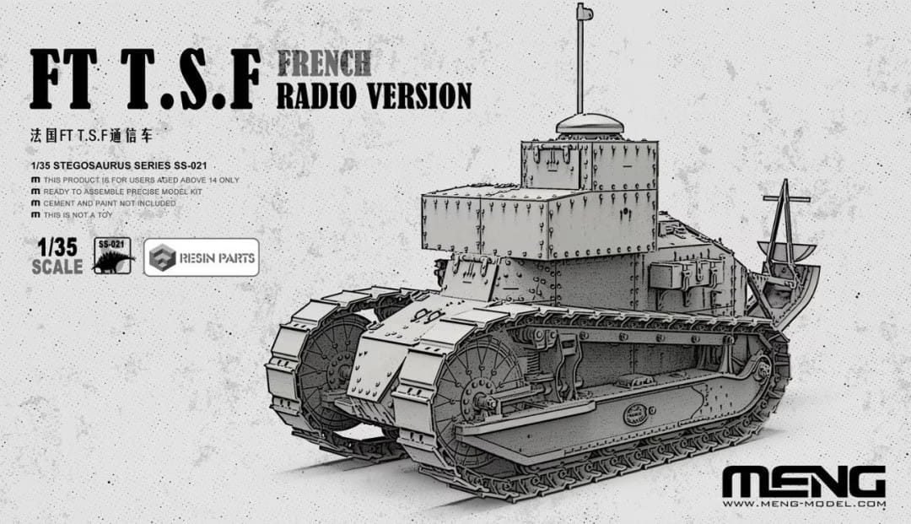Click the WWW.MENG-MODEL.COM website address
(x=803, y=505)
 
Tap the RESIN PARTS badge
(x=201, y=257)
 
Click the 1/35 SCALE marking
(x=57, y=257)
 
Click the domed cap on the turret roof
(x=589, y=124)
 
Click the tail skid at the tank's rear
(x=789, y=253)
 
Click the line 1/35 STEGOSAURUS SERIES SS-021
(x=117, y=165)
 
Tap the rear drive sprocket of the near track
(x=764, y=371)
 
